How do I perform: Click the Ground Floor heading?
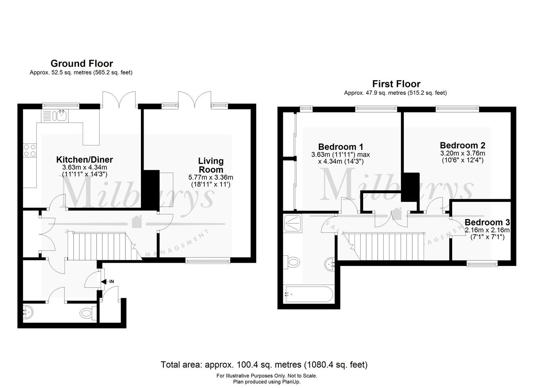(x=81, y=64)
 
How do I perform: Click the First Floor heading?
(x=396, y=84)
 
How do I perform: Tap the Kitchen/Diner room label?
(x=84, y=160)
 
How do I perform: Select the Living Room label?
(x=210, y=165)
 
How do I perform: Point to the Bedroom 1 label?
(x=341, y=146)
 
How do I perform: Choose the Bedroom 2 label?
(x=462, y=145)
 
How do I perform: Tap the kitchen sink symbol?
(x=61, y=115)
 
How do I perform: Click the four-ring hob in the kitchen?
(x=30, y=151)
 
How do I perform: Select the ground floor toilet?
(x=87, y=314)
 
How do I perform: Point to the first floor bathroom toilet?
(x=292, y=262)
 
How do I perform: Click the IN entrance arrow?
(x=106, y=281)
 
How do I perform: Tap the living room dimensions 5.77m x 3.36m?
(x=210, y=177)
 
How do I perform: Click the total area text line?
(x=264, y=364)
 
